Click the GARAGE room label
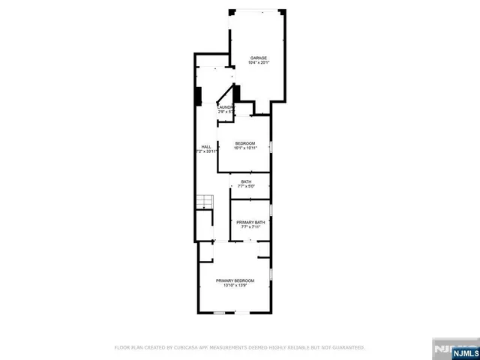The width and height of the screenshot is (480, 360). coord(258,58)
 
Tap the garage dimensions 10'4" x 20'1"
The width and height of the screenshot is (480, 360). coord(258,63)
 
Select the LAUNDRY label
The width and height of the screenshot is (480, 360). coord(226,107)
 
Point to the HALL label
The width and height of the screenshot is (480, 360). coord(205,146)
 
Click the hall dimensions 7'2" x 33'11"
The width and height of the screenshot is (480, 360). coord(205,151)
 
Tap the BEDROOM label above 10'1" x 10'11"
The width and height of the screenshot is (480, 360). coord(245,143)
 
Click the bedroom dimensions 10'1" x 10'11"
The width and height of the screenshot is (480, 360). coord(245,148)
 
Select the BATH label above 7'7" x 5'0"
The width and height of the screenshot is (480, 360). coord(247,181)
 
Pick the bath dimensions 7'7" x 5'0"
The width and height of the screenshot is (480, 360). coord(247,186)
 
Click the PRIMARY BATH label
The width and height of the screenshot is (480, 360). coord(250,222)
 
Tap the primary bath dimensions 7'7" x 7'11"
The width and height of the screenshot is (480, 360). coord(250,227)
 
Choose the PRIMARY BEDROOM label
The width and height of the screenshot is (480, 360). coord(235,280)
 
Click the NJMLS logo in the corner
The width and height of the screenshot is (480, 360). coord(454,349)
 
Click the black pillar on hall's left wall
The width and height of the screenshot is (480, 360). coord(199,97)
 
